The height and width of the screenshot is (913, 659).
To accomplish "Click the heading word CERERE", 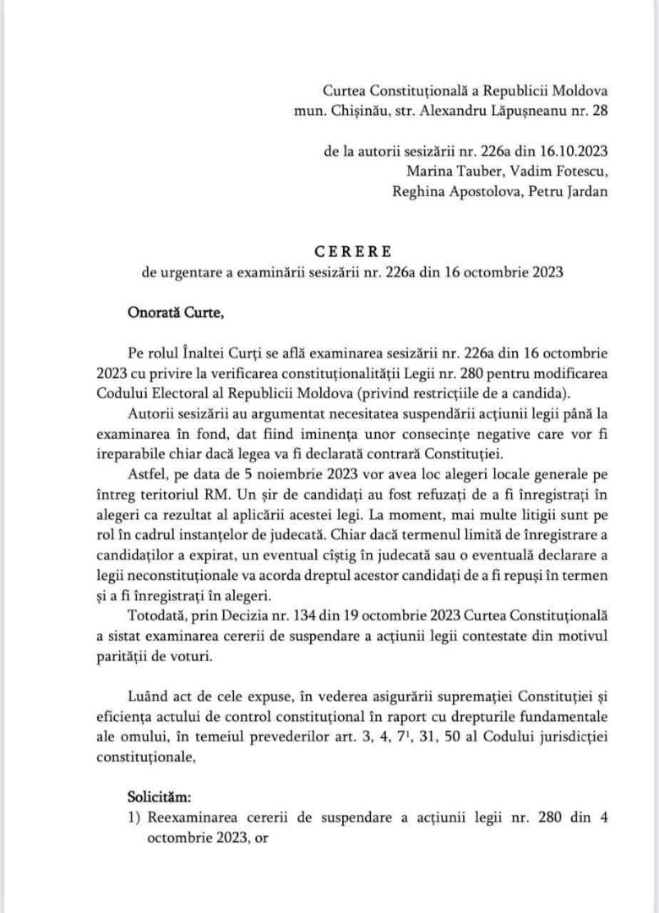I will tap(353, 251).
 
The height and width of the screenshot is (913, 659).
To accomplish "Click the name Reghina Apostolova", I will tap(449, 191).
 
